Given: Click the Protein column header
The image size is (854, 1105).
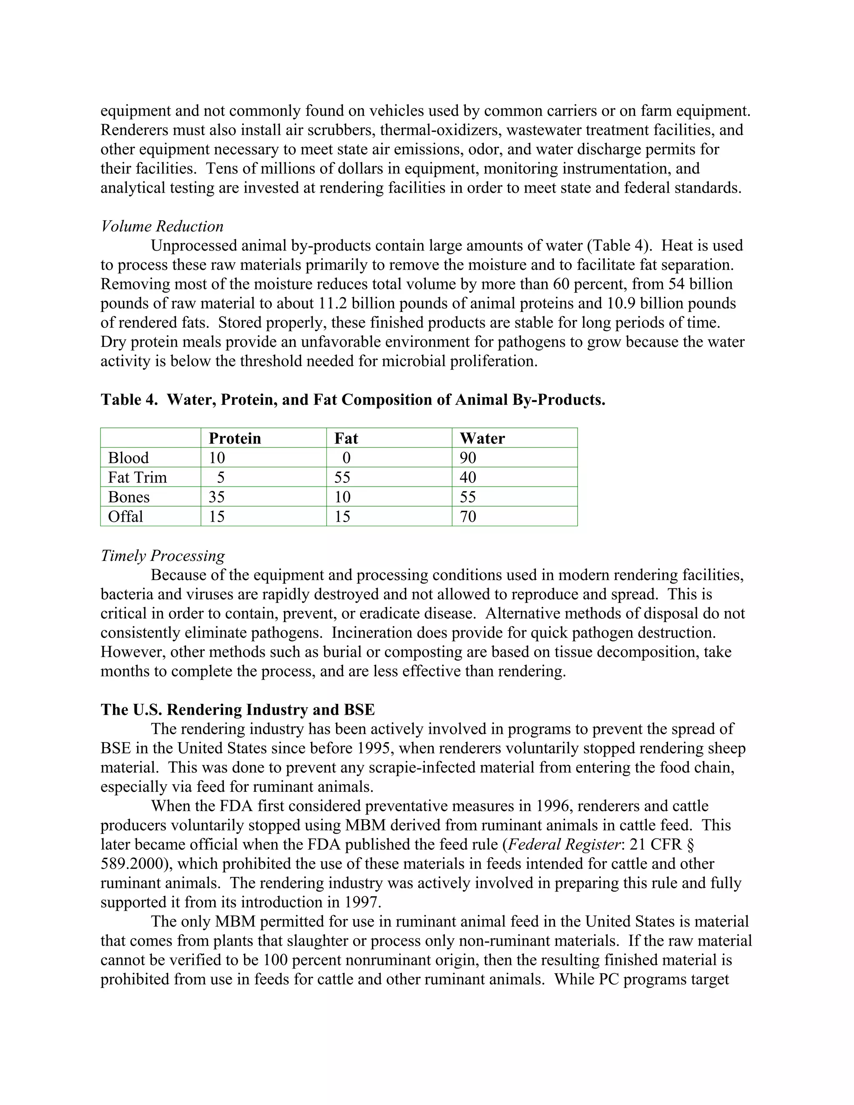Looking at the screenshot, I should (235, 438).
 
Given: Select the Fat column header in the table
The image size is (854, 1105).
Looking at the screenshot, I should (346, 438).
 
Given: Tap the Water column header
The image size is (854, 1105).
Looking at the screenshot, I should (482, 438).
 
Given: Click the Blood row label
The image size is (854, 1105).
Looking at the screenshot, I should (128, 458).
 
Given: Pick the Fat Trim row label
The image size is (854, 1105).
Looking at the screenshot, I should (137, 477).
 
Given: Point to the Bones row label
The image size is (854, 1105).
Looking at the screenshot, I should (128, 497).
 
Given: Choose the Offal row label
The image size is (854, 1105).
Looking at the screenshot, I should (126, 517).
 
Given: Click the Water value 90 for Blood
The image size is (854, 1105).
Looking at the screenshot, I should (468, 458).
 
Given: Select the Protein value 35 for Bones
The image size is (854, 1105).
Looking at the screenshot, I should (216, 497).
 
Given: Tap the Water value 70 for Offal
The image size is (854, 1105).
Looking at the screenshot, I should (468, 517).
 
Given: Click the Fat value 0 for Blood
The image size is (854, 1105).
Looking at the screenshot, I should (347, 458).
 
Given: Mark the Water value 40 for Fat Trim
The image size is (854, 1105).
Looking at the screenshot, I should (468, 477).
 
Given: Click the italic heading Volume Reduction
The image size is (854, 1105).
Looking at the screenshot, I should (162, 226).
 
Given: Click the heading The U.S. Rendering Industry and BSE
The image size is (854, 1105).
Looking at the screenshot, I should (238, 709).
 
